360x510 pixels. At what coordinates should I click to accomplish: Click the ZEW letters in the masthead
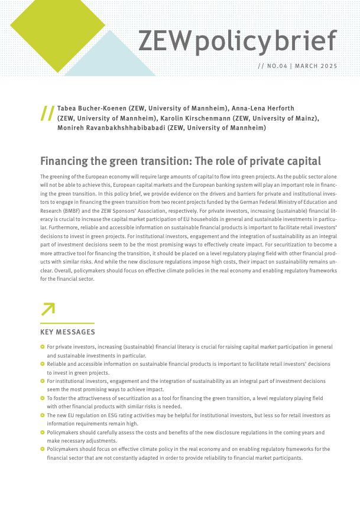[x=165, y=41]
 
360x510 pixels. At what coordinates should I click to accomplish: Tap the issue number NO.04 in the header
[x=277, y=66]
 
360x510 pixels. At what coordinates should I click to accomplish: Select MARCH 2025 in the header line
[x=316, y=66]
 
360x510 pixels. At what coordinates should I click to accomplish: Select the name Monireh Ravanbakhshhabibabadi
[x=111, y=128]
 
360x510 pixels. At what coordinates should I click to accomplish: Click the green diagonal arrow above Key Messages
[x=47, y=309]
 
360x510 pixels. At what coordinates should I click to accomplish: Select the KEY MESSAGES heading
[x=67, y=332]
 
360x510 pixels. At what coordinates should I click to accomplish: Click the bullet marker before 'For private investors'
[x=42, y=347]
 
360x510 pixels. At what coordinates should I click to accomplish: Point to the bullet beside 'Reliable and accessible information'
[x=42, y=364]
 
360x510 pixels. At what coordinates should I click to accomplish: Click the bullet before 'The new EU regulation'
[x=42, y=415]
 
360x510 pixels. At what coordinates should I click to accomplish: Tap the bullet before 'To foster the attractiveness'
[x=42, y=398]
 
